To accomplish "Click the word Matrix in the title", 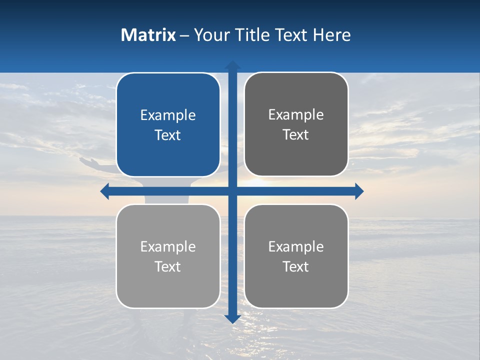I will coord(148,35).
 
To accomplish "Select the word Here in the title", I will coord(331,35).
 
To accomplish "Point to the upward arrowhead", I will coord(232,65).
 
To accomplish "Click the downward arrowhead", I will coord(232,318).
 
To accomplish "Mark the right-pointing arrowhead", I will coord(359,191).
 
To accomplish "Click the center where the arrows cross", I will coord(232,191).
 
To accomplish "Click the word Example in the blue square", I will coord(168,115).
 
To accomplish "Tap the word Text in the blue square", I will coord(168,135).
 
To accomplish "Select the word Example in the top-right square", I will coord(296,115).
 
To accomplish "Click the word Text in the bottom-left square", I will coord(168,266).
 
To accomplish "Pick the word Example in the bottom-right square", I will coord(296,246).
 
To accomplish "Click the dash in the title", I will coord(184,35).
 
